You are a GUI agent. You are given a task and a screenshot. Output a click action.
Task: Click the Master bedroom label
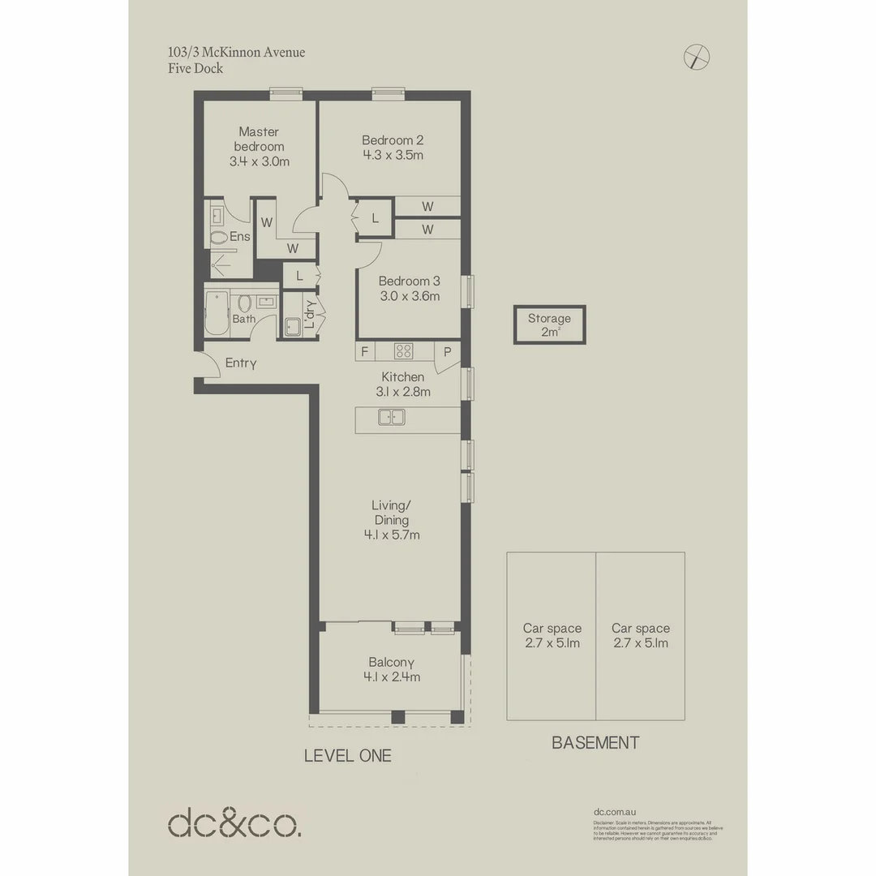(x=259, y=139)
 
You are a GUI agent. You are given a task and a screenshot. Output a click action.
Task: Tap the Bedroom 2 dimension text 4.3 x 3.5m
(x=393, y=155)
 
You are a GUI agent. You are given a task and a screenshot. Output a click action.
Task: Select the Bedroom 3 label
(x=409, y=281)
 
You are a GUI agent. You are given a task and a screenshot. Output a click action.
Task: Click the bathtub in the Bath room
(x=217, y=313)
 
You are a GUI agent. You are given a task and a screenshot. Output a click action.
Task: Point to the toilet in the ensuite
(x=218, y=238)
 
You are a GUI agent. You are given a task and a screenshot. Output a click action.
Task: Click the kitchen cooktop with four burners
(x=403, y=351)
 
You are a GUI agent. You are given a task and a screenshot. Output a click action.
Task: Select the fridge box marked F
(x=364, y=351)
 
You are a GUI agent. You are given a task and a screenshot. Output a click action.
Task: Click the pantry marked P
(x=447, y=351)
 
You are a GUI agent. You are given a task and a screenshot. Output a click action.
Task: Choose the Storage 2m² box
(x=549, y=324)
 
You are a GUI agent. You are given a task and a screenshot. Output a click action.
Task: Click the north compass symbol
(x=697, y=57)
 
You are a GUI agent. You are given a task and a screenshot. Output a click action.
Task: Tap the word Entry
(x=241, y=363)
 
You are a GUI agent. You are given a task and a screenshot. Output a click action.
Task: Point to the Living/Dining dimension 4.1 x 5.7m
(x=392, y=535)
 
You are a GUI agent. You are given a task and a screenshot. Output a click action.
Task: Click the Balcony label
(x=392, y=662)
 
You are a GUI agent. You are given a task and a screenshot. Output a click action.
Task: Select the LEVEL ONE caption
(x=347, y=756)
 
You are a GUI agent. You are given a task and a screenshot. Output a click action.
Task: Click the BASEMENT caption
(x=595, y=742)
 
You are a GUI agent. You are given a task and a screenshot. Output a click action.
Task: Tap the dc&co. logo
(x=234, y=822)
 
